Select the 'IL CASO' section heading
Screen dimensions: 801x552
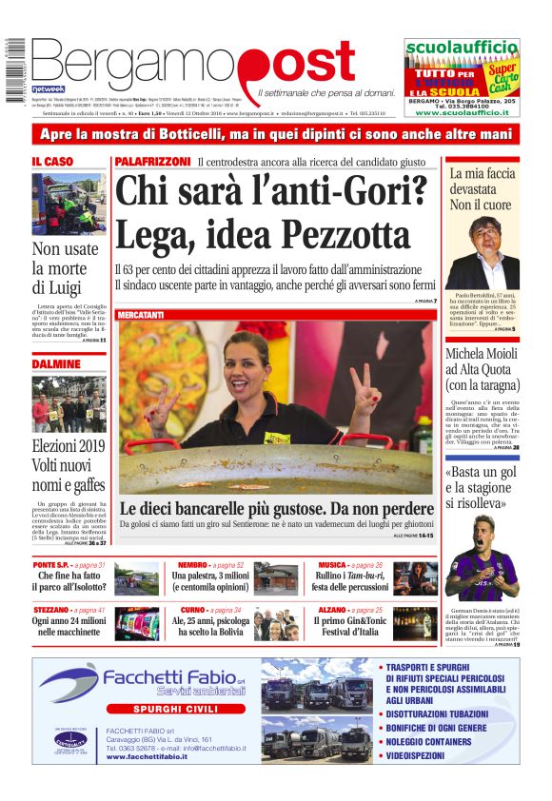coord(52,163)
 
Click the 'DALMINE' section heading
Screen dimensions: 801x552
coord(56,364)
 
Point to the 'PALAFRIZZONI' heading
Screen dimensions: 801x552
coord(152,163)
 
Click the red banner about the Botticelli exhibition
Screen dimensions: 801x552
coord(275,134)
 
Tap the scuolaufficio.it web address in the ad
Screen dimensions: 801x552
coord(462,112)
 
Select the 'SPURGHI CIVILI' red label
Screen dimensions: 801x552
coord(161,709)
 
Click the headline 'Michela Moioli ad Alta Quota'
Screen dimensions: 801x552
coord(483,369)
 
